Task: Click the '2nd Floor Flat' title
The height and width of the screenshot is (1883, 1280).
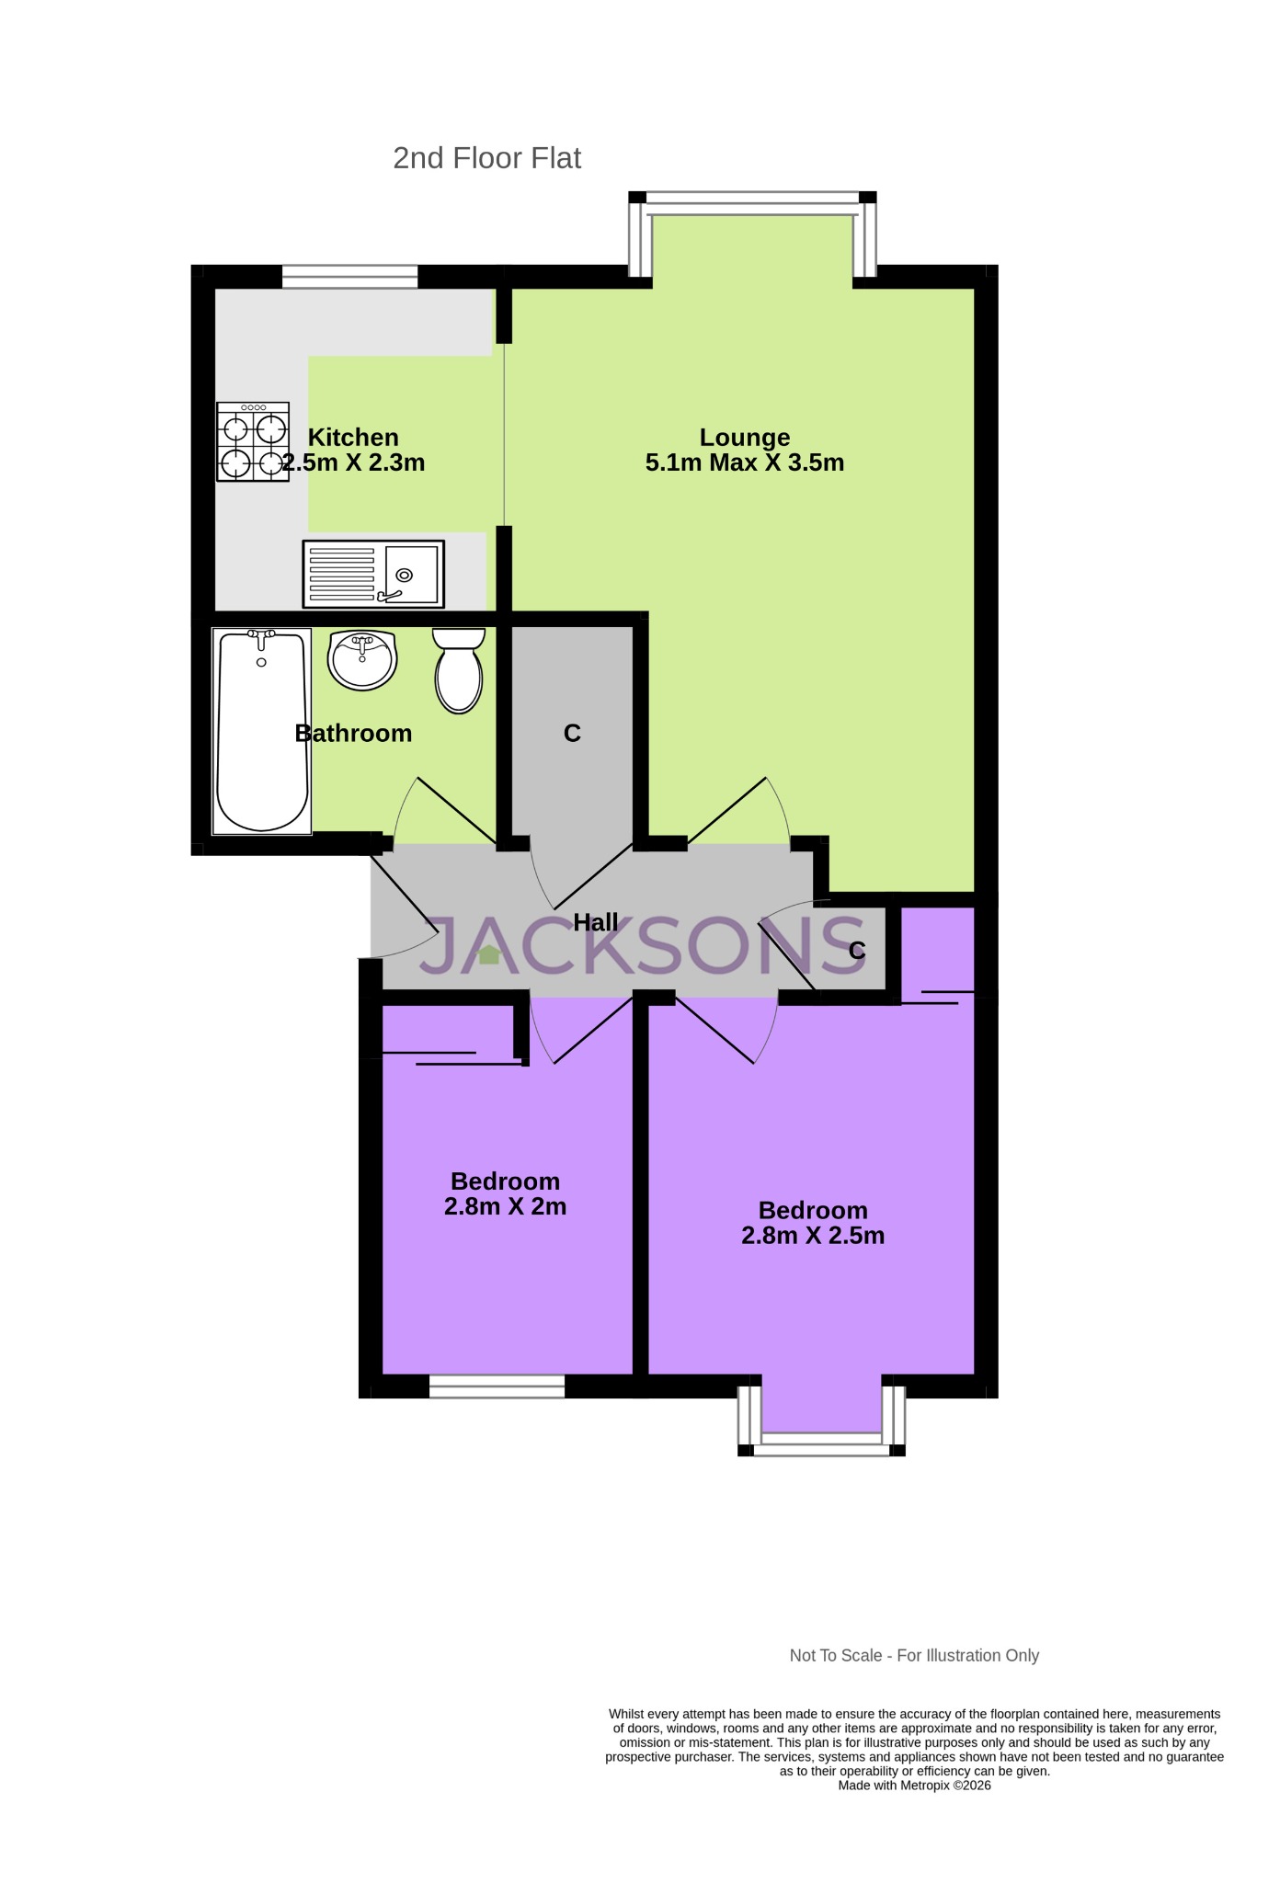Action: point(486,158)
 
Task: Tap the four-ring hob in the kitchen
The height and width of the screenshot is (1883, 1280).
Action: point(253,441)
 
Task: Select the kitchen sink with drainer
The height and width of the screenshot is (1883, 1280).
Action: point(373,574)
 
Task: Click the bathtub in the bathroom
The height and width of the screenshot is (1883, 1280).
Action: point(261,731)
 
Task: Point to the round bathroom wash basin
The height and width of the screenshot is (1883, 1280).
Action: point(362,659)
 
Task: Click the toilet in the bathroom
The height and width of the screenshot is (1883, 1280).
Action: point(458,670)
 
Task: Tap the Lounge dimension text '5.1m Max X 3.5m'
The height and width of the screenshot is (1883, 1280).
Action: point(744,462)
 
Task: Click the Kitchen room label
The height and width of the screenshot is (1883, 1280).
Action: point(353,438)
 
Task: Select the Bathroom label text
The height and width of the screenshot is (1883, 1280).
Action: point(353,733)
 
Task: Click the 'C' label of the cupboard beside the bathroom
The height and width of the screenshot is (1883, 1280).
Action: point(572,733)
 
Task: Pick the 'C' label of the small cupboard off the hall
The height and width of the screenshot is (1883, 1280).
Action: point(857,951)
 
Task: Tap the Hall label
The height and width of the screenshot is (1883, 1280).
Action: point(596,922)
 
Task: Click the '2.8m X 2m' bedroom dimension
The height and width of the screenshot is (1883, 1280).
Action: point(505,1206)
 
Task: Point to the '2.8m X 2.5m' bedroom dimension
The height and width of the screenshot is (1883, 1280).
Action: point(813,1236)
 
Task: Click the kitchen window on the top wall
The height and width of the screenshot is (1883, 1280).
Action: point(349,276)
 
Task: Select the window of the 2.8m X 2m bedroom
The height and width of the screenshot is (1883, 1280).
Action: point(497,1387)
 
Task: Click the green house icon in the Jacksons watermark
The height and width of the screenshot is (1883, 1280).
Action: point(489,954)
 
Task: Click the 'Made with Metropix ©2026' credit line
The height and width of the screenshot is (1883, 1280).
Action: point(914,1786)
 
